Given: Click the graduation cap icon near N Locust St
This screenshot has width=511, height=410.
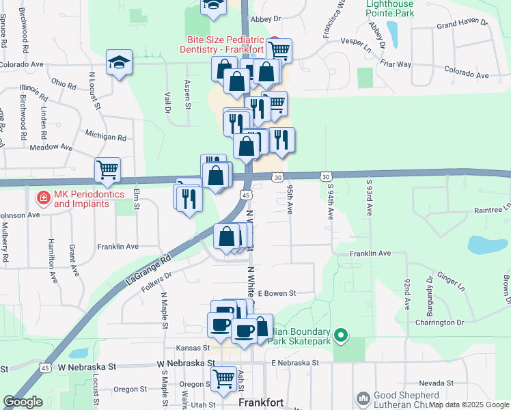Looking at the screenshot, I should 119,63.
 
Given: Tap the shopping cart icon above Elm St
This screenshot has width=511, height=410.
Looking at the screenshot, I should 108,169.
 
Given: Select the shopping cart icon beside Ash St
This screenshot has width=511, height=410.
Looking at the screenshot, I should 223,379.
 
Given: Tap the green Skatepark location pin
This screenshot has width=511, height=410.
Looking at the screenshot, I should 343,336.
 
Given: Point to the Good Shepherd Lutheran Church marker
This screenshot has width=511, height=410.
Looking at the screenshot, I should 363,398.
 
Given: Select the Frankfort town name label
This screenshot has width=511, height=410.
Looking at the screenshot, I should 260,403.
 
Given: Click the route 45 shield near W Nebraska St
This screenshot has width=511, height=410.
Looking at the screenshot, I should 45,368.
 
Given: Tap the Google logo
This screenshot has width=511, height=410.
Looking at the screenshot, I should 23,402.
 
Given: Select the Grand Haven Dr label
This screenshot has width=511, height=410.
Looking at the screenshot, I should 462,23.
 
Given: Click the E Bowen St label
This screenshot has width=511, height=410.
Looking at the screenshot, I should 276,293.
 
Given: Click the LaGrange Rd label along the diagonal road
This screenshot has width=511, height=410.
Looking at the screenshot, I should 148,269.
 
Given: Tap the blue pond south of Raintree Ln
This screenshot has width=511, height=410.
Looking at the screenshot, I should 484,245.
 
